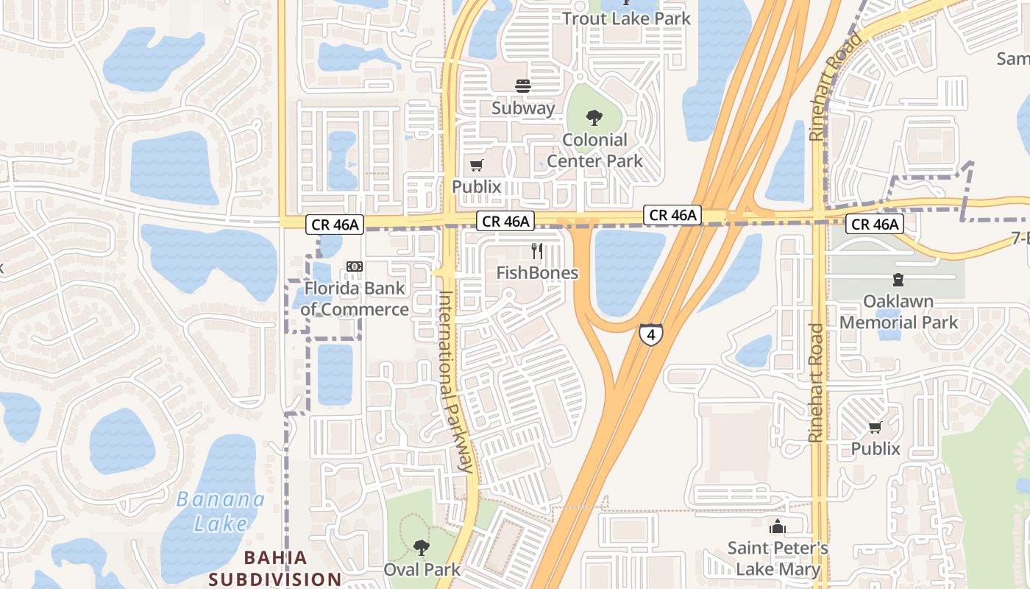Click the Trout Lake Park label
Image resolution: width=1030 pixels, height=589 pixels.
click(x=627, y=18)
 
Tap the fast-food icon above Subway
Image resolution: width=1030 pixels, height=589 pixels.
click(x=523, y=86)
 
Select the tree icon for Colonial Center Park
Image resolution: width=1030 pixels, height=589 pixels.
click(x=594, y=118)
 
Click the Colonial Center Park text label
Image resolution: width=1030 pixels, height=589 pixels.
click(x=594, y=150)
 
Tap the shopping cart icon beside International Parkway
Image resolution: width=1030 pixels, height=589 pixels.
click(x=477, y=166)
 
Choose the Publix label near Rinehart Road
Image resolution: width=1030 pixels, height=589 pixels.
click(x=876, y=448)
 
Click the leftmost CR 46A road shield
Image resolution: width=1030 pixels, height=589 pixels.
click(x=335, y=225)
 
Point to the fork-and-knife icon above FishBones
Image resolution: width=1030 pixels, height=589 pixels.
click(x=537, y=251)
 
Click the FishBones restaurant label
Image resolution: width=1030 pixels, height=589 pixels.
click(x=537, y=273)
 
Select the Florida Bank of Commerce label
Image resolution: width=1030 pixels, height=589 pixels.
click(x=355, y=298)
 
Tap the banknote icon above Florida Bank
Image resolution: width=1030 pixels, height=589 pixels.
click(x=355, y=266)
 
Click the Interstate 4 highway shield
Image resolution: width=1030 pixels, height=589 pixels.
click(x=650, y=335)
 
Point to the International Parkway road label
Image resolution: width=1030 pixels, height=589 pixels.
click(x=455, y=381)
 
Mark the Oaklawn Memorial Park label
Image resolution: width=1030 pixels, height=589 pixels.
click(x=898, y=312)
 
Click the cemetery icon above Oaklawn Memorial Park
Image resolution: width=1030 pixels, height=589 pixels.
click(x=898, y=280)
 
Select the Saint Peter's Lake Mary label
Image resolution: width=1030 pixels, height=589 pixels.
click(x=778, y=559)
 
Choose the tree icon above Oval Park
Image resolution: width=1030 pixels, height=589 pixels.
click(x=421, y=547)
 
